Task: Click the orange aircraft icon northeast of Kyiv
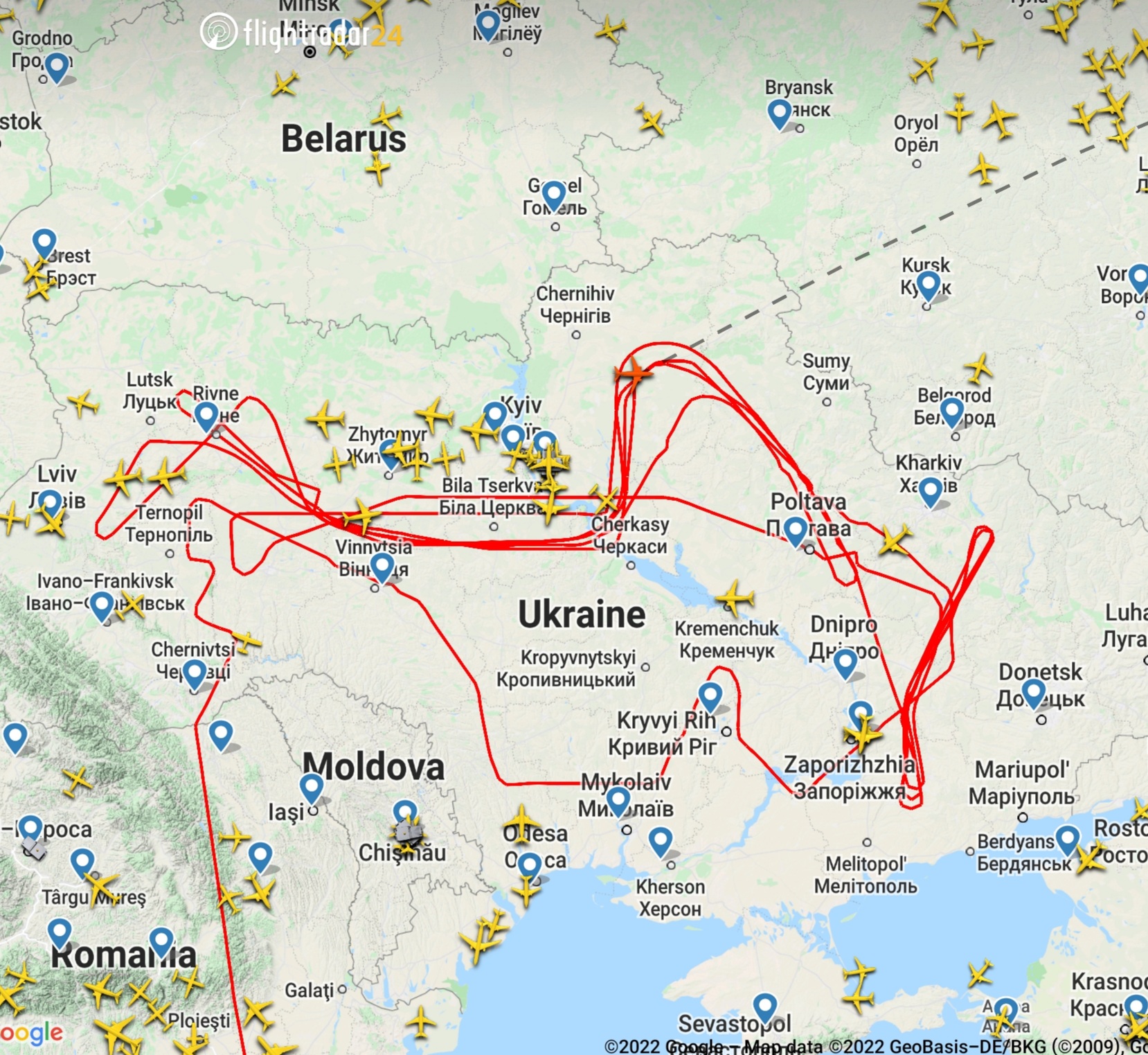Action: [633, 373]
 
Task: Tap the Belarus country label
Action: [343, 139]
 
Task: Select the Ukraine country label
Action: [582, 614]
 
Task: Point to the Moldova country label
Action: [373, 767]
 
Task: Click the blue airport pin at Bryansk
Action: [780, 112]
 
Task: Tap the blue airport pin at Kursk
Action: [928, 285]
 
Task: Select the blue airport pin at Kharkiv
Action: [930, 490]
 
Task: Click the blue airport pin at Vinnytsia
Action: [382, 566]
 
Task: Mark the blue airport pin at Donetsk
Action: [1033, 691]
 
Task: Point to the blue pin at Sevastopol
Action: [764, 1006]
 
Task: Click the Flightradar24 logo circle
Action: [219, 32]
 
